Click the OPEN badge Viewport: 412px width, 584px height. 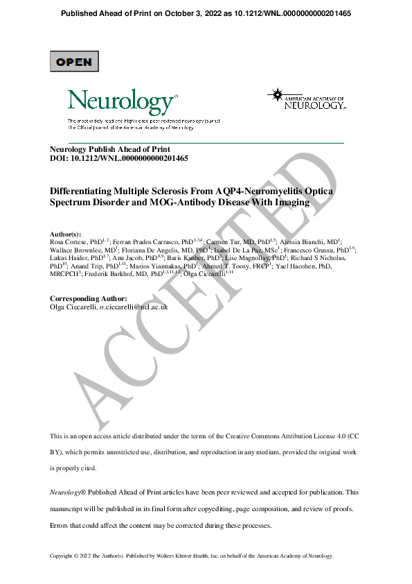coord(74,62)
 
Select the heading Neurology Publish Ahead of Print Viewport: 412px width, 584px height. coord(110,149)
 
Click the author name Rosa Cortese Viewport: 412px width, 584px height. coord(69,242)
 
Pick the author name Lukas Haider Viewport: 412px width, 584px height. coord(69,258)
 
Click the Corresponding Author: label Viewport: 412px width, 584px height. coord(89,298)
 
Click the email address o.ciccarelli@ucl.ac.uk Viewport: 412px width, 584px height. coord(135,307)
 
